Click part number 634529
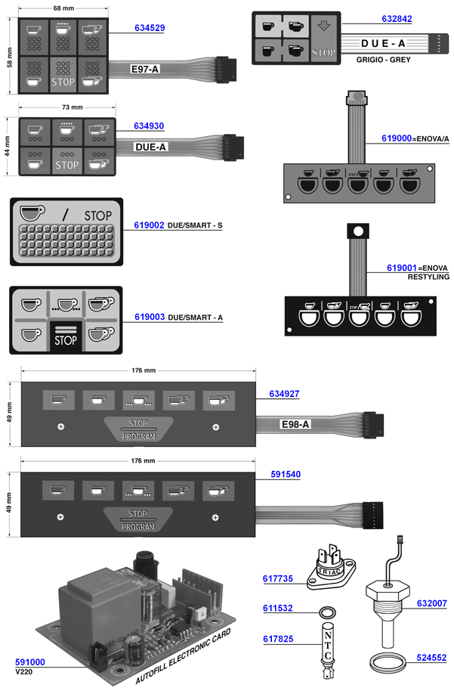tap(150, 28)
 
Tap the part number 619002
tap(149, 225)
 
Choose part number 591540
tap(285, 475)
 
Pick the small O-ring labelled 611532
tap(327, 610)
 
